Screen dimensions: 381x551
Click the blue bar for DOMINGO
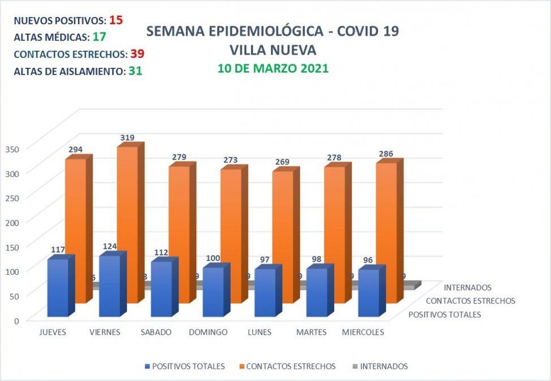213,292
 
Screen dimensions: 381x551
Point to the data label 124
110,246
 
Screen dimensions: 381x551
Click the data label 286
386,153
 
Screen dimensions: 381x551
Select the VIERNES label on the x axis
105,332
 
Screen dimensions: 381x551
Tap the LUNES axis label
260,332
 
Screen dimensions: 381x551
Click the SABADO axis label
156,332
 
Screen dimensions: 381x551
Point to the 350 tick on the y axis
12,149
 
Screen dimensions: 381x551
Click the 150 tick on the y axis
12,246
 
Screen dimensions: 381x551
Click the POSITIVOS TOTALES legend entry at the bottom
188,366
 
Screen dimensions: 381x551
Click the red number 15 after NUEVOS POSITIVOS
116,20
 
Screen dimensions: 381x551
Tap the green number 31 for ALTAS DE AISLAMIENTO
135,71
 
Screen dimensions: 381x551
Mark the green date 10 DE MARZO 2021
273,68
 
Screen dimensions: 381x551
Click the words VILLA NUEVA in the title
273,50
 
